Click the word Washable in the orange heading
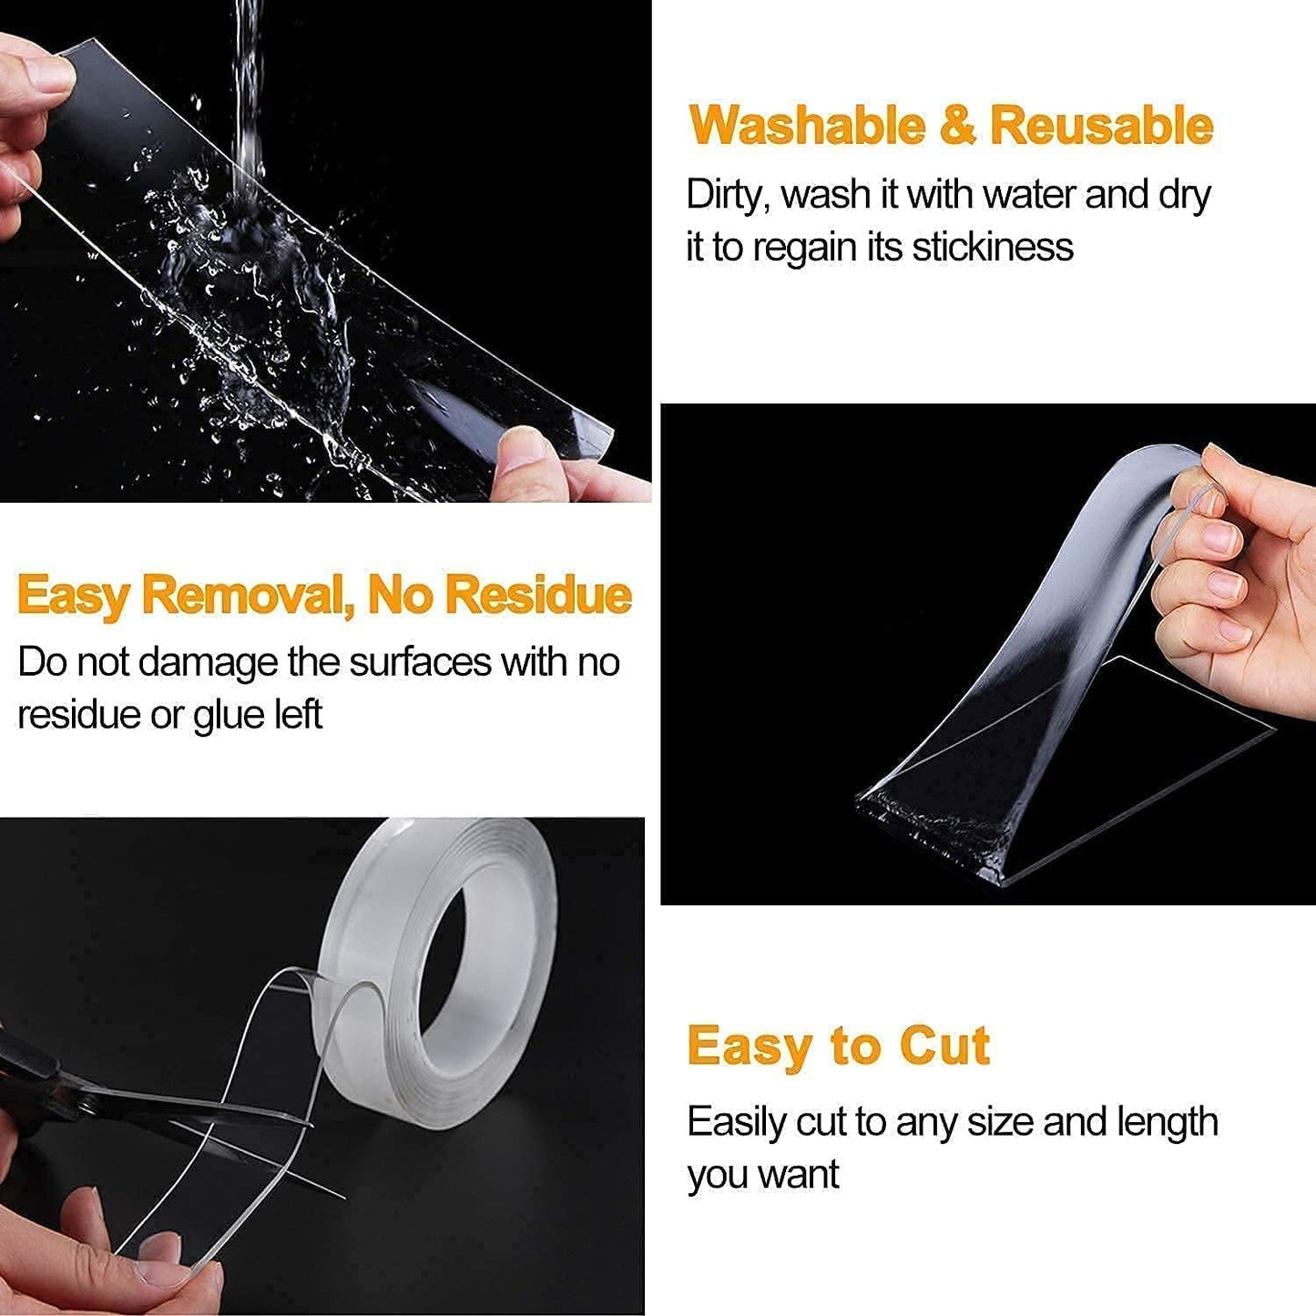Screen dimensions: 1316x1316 pyautogui.click(x=806, y=126)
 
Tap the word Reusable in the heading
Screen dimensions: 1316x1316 pyautogui.click(x=1101, y=126)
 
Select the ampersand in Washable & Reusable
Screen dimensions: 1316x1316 pyautogui.click(x=956, y=126)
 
